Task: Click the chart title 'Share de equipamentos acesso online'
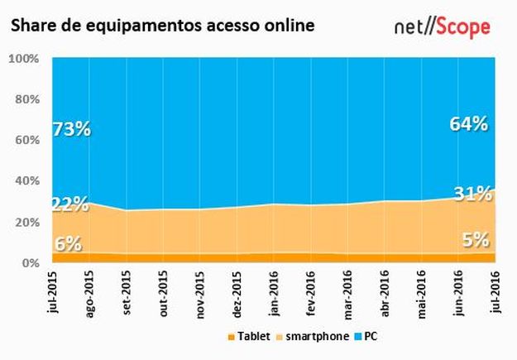162,26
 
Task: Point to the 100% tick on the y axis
24,60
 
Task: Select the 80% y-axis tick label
26,100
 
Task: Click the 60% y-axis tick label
26,141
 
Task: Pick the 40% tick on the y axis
26,181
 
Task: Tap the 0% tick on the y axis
30,262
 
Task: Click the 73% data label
72,129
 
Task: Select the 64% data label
467,124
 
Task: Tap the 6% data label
69,243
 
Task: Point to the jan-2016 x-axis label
274,292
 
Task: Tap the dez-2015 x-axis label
237,292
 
